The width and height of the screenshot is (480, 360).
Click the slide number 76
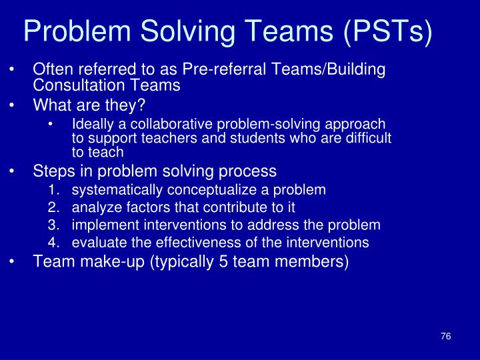coord(446,336)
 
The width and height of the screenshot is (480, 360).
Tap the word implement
coord(99,225)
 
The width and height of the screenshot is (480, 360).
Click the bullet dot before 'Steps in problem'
coord(14,171)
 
